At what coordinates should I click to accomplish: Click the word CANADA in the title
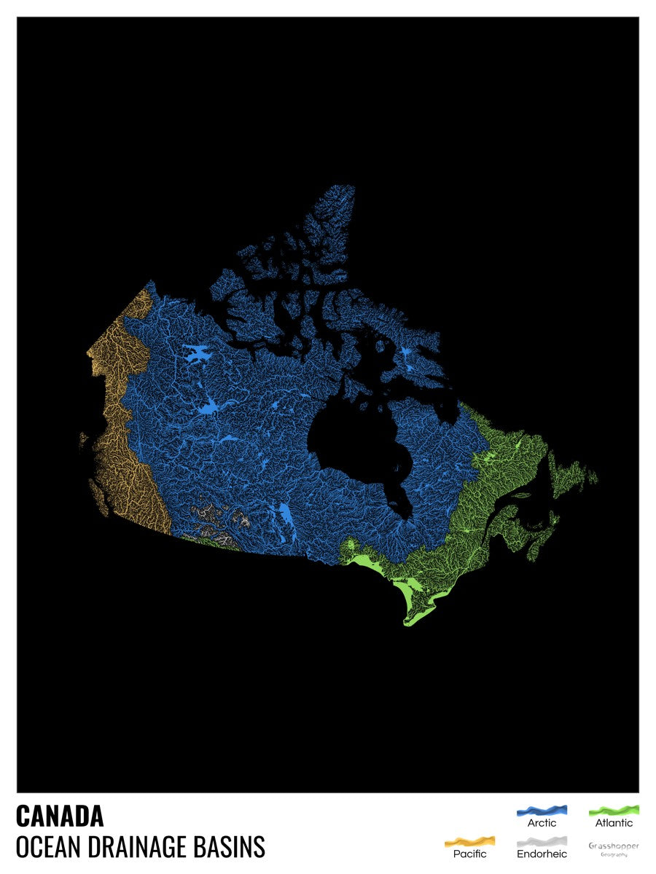click(x=60, y=816)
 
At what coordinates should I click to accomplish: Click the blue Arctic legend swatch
click(x=542, y=810)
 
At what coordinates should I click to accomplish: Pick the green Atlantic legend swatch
click(x=614, y=810)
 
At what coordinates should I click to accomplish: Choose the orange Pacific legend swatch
click(x=469, y=841)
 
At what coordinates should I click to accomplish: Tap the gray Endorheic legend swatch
click(x=542, y=841)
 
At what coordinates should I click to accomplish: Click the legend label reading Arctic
click(x=542, y=823)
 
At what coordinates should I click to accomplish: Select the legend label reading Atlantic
click(x=614, y=823)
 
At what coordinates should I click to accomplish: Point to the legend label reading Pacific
click(x=470, y=854)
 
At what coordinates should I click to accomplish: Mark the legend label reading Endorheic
click(x=542, y=854)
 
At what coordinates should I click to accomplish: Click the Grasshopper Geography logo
click(x=614, y=848)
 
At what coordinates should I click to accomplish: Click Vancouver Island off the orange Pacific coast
click(x=98, y=495)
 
